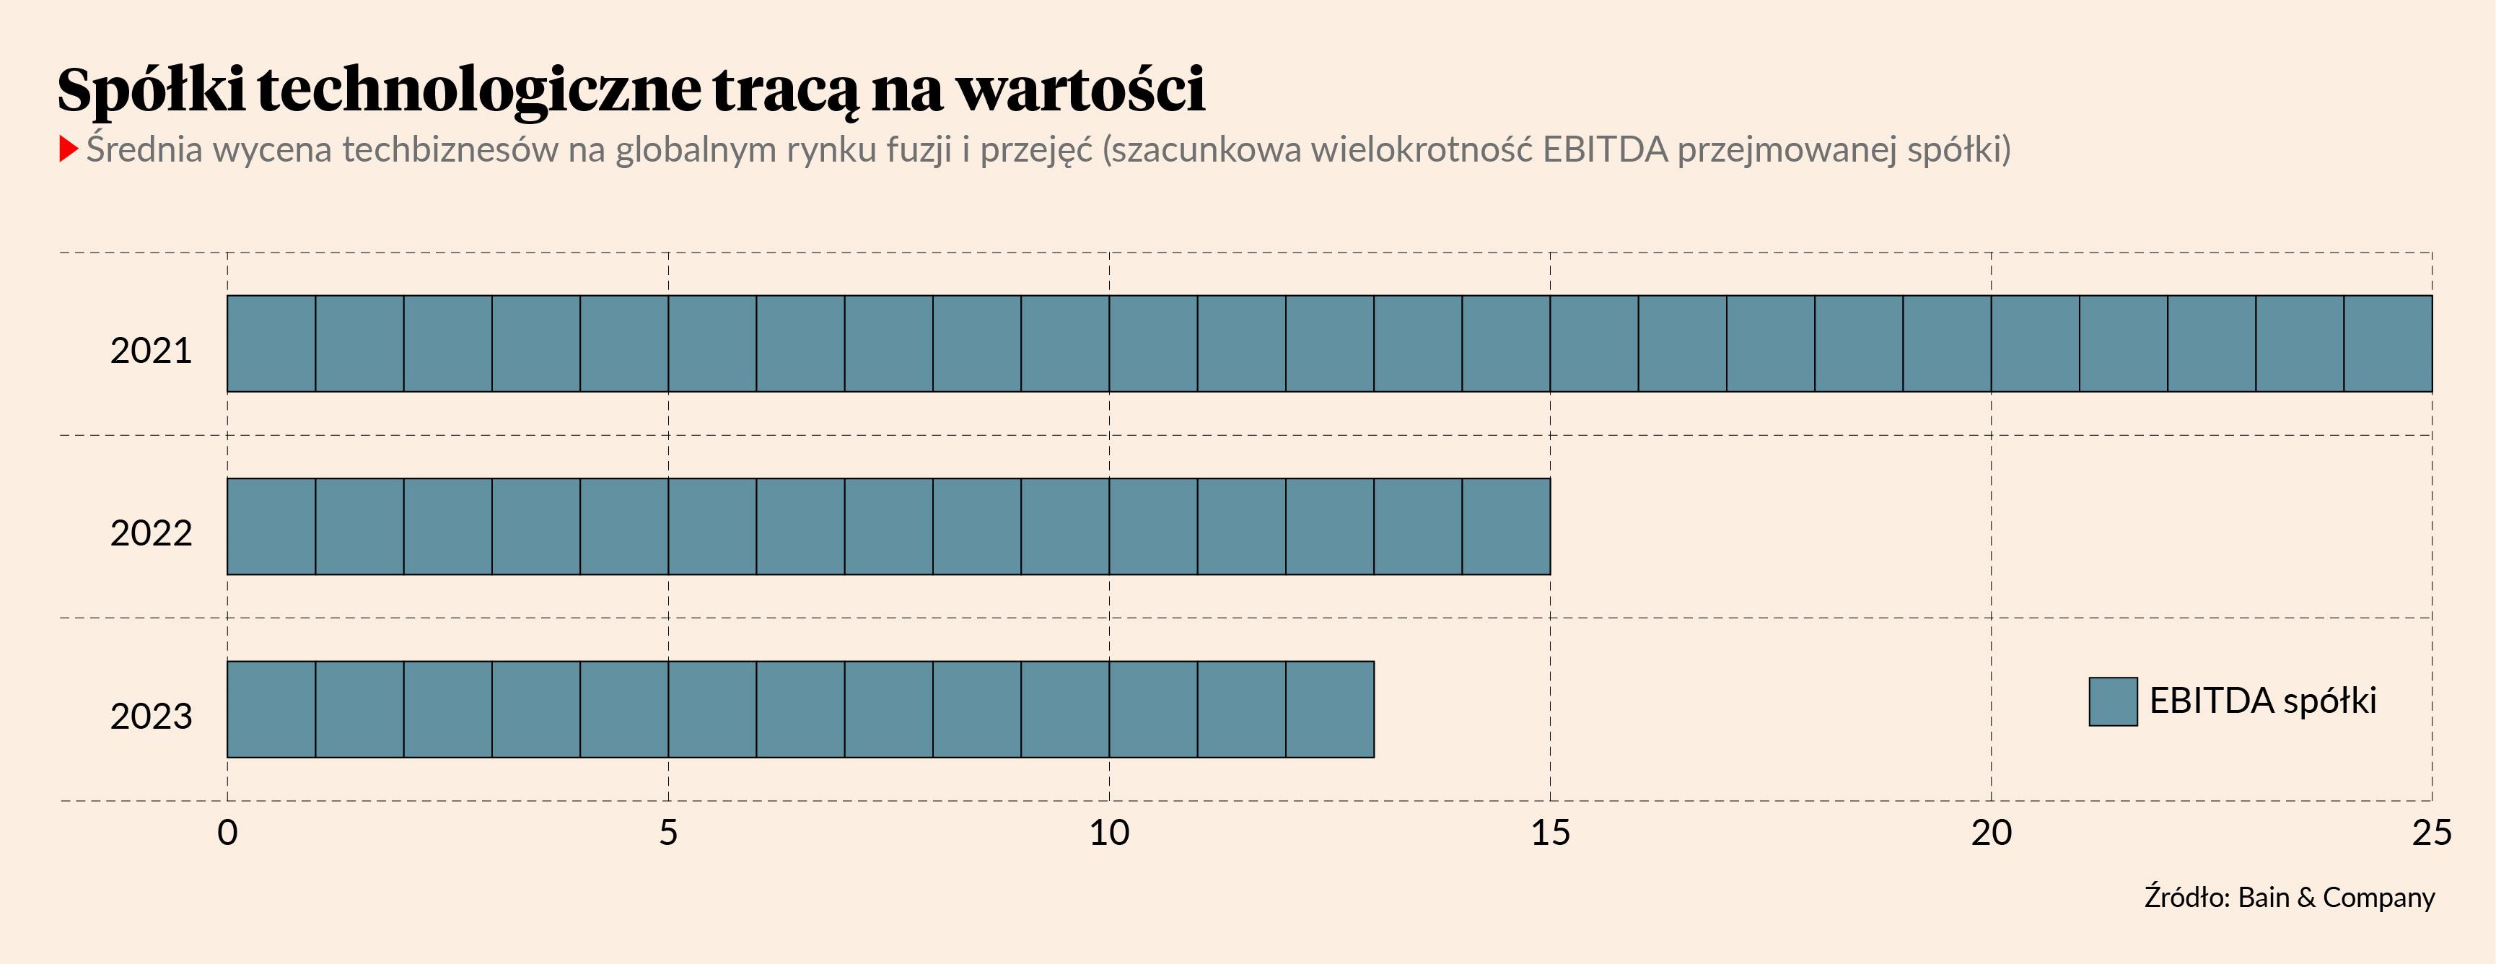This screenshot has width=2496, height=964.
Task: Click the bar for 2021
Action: tap(1329, 344)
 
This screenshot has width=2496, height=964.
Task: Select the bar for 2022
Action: tap(888, 526)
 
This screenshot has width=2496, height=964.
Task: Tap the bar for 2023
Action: tap(800, 709)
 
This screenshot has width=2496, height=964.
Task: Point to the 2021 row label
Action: tap(151, 351)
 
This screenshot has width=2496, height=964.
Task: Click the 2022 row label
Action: tap(151, 533)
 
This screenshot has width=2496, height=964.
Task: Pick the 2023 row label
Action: tap(151, 716)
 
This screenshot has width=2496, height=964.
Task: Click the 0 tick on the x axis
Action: tap(228, 832)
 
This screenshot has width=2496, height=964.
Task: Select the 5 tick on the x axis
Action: tap(669, 832)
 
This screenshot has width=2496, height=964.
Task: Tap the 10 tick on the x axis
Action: tap(1109, 832)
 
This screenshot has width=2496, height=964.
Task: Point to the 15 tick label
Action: tap(1550, 832)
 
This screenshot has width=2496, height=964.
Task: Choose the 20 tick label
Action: tap(1991, 832)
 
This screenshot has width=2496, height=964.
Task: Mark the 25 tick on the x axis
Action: tap(2432, 832)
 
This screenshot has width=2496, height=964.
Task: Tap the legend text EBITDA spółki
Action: tap(2262, 701)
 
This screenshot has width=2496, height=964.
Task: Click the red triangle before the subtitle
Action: tap(68, 149)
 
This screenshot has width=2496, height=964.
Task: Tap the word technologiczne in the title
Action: tap(478, 90)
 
